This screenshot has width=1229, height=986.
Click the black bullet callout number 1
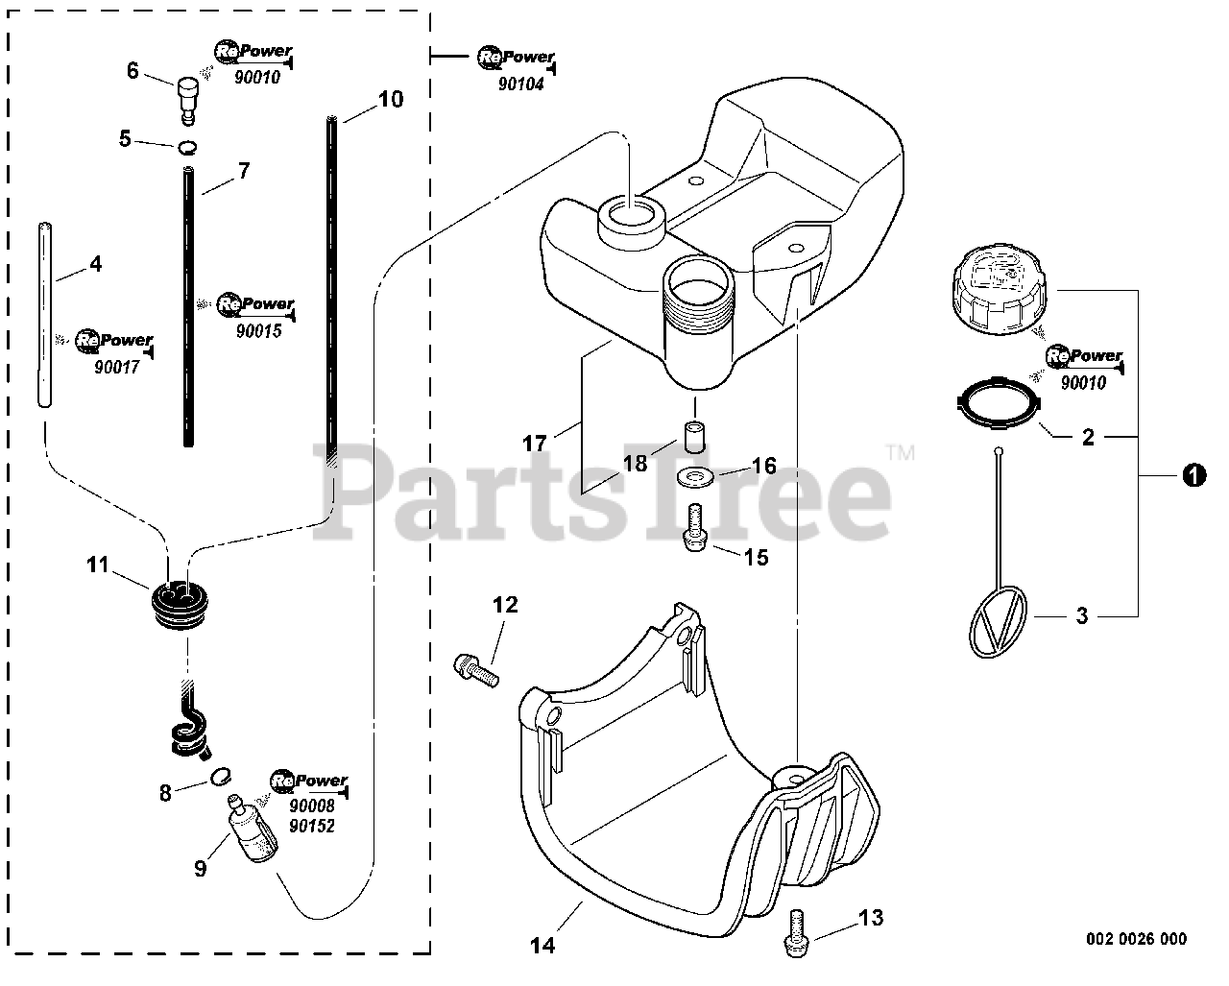(1193, 475)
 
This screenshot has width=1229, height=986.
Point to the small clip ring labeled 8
(220, 775)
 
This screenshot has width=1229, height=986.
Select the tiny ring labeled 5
(189, 147)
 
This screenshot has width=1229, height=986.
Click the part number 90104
(521, 84)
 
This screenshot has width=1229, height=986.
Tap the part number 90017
(117, 367)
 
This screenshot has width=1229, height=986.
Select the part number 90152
(311, 826)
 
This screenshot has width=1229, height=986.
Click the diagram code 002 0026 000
(1136, 939)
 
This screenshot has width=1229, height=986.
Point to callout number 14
(542, 945)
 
